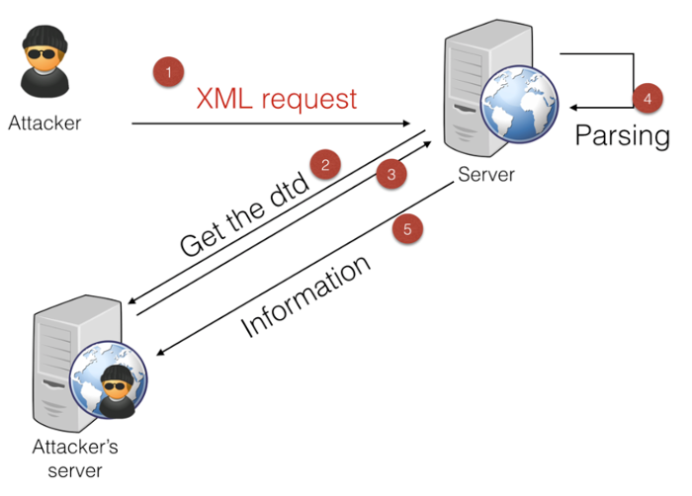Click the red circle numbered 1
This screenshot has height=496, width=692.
168,72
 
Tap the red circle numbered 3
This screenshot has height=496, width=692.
391,175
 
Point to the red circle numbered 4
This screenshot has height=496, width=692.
647,98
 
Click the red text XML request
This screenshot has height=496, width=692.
276,99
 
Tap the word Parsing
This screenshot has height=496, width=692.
623,134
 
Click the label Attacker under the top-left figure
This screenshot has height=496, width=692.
44,124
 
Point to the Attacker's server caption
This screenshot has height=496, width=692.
76,457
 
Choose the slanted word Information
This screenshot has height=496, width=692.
306,296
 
